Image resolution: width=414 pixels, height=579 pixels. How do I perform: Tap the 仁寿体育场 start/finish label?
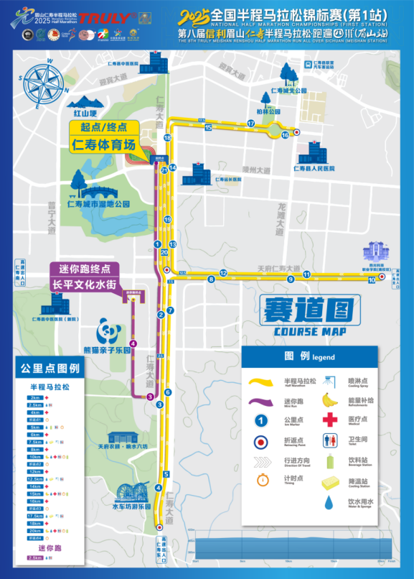click(104, 144)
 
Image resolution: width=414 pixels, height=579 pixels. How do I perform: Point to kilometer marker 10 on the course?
click(372, 280)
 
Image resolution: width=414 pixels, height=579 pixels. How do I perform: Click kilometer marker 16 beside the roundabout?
click(285, 134)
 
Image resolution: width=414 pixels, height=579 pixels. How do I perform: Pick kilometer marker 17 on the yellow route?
click(251, 124)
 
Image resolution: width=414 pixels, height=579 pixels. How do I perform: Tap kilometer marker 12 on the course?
click(224, 273)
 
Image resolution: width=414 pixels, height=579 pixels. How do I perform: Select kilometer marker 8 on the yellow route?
click(211, 279)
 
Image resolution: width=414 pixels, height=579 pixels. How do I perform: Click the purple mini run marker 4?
click(133, 343)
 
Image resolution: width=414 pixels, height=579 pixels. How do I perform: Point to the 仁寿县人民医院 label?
click(314, 168)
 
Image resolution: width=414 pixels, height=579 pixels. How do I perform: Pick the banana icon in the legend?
click(329, 399)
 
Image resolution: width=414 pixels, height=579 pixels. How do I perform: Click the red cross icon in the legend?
click(329, 420)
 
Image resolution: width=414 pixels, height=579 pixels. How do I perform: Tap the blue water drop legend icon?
click(329, 502)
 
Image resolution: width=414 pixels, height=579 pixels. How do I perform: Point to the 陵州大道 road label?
click(256, 170)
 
